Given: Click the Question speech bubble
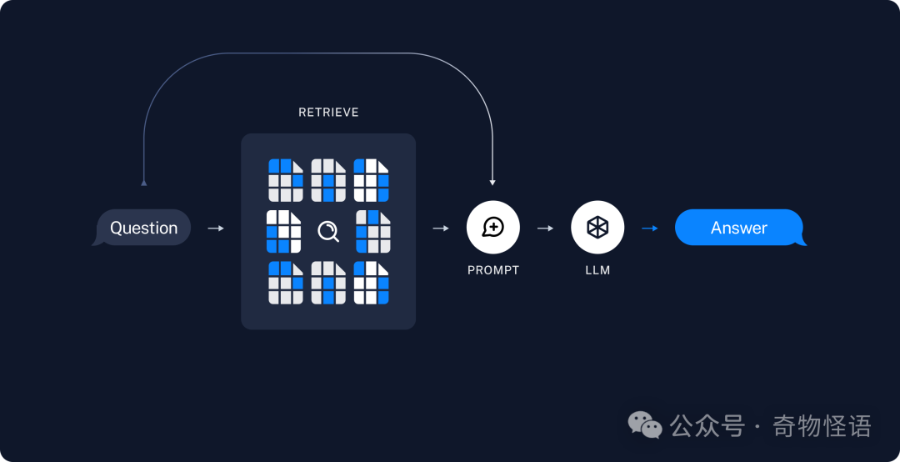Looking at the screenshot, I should (143, 228).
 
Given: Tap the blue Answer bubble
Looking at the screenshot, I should (739, 228).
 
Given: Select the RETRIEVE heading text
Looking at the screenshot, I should (328, 113).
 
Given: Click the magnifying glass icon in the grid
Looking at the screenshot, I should (328, 231).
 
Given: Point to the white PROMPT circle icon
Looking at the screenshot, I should (492, 227).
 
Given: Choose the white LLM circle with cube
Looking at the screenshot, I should (597, 227).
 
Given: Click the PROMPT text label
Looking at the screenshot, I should (492, 270).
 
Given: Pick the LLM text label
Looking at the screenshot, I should (597, 270).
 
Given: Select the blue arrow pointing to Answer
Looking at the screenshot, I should (649, 228).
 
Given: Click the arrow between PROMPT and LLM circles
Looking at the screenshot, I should (545, 228).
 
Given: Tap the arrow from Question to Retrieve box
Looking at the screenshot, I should (215, 228).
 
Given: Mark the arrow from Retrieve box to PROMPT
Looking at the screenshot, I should (441, 228).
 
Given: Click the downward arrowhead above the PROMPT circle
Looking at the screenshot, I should (492, 181).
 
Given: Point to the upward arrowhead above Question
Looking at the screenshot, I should (144, 181).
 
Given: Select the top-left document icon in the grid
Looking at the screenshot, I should (285, 180).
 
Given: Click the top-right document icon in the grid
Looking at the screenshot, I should (371, 180).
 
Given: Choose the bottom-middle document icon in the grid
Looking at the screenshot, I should (328, 283).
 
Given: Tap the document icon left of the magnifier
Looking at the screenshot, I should (283, 231).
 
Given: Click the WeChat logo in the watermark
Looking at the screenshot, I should (645, 426).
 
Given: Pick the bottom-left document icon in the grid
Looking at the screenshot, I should (285, 283).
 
